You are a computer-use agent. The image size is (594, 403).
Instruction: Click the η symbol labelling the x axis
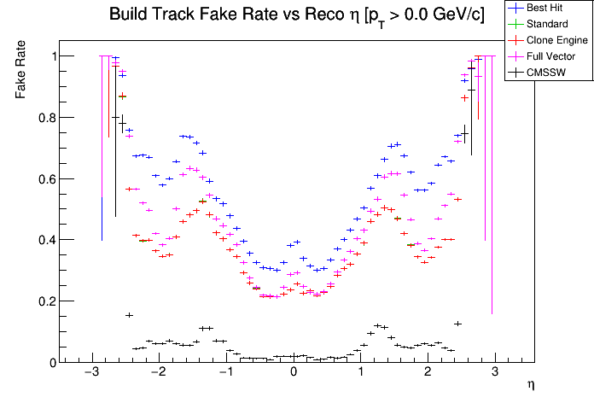[x=530, y=386]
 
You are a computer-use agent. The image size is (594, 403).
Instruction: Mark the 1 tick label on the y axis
[x=51, y=56]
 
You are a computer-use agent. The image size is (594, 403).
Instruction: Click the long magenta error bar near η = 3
[x=492, y=196]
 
